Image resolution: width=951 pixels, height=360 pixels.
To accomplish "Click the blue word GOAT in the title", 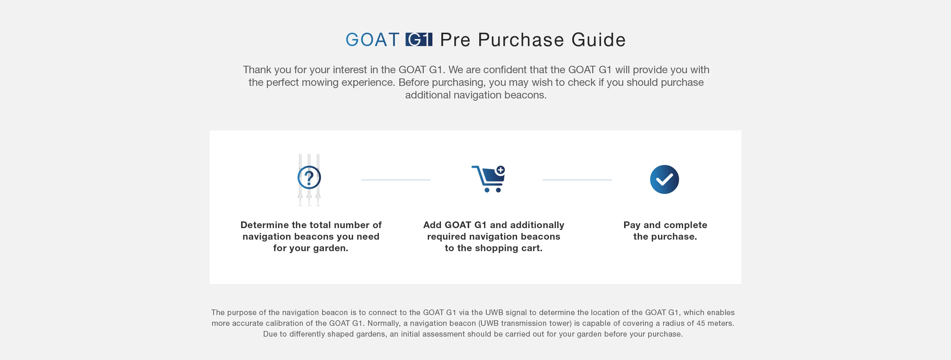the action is [372, 40].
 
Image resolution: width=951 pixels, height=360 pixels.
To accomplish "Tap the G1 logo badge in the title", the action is [419, 39].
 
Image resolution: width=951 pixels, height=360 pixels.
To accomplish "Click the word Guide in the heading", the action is [598, 40].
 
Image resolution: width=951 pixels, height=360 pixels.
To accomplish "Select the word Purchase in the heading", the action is [521, 40].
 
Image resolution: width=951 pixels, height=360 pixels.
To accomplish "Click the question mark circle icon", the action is [309, 177].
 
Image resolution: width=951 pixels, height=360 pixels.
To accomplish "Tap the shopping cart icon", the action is [488, 179].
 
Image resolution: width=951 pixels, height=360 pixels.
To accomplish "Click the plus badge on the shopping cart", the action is [501, 170].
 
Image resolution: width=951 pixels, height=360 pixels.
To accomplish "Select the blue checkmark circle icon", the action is [665, 179].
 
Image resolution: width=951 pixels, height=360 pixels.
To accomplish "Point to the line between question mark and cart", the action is [396, 180].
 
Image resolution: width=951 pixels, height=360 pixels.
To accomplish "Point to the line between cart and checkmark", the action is [577, 180].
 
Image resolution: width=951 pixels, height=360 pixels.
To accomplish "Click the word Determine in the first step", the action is [264, 225].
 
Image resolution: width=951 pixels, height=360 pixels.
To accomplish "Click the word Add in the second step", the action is [432, 225].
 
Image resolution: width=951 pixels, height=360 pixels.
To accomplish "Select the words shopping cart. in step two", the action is [511, 248].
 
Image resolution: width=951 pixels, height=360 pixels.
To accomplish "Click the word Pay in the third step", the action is [632, 225].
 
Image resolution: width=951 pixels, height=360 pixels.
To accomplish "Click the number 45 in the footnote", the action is [701, 323].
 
